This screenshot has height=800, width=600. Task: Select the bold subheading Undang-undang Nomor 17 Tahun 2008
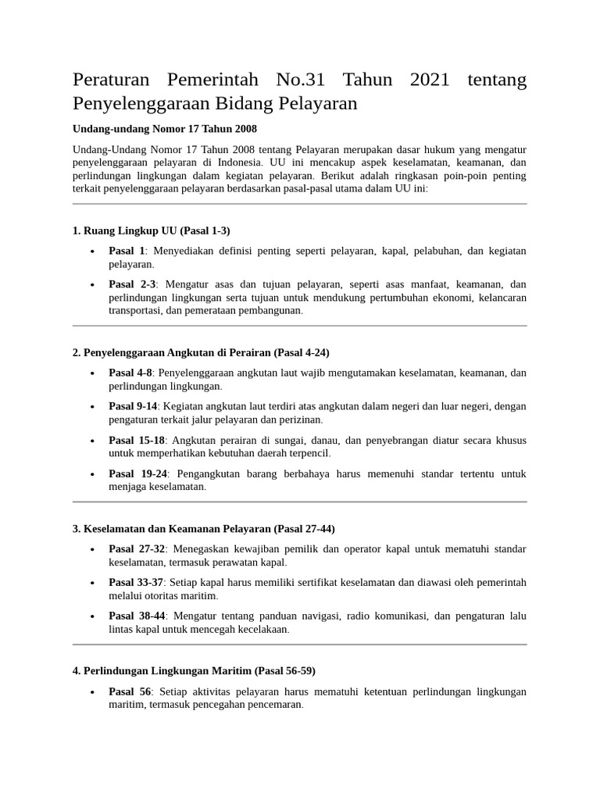coord(164,128)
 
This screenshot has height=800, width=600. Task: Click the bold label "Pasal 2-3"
coord(132,284)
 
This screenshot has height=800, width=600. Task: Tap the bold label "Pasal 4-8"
coord(130,373)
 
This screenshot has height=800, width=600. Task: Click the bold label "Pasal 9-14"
coord(133,406)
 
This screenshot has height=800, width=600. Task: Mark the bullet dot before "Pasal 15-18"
coord(92,441)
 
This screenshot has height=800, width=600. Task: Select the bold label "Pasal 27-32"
coord(137,549)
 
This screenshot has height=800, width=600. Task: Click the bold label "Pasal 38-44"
coord(137,616)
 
